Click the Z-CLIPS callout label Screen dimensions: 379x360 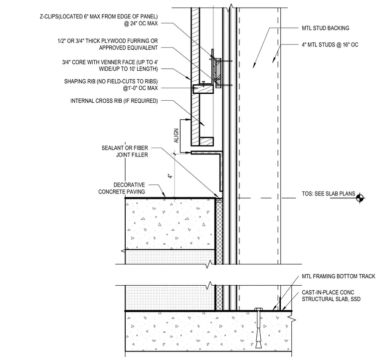click(x=99, y=20)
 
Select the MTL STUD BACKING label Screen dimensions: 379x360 click(x=325, y=28)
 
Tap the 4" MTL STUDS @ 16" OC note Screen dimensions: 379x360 click(x=330, y=45)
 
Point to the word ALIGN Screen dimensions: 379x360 click(x=176, y=136)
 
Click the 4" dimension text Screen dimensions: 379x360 click(x=171, y=176)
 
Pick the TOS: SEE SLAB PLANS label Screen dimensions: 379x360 click(x=328, y=194)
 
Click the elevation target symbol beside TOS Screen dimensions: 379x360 click(x=360, y=198)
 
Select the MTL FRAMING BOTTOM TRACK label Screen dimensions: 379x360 click(x=339, y=276)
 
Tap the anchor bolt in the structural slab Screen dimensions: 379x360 click(x=258, y=328)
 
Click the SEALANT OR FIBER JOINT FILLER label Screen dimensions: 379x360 click(x=125, y=151)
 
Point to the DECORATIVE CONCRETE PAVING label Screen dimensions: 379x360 click(x=122, y=188)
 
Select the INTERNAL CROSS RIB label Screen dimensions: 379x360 click(x=114, y=101)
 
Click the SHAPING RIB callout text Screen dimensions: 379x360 click(x=111, y=85)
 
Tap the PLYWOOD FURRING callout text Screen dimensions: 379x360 click(x=108, y=44)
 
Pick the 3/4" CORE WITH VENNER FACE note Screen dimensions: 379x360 click(x=110, y=65)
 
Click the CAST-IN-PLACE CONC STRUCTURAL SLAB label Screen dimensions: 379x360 click(x=331, y=296)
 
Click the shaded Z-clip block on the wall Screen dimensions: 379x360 click(x=218, y=73)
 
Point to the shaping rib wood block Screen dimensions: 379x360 click(x=203, y=89)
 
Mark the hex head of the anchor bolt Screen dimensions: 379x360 click(x=258, y=309)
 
